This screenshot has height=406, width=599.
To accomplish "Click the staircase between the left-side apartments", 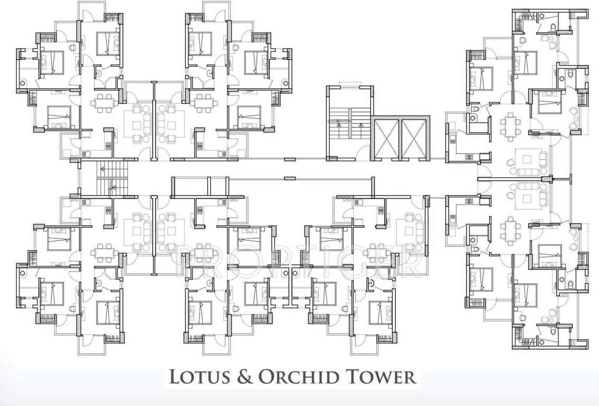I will pos(112,178).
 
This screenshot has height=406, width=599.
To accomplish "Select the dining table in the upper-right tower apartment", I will pos(510,125).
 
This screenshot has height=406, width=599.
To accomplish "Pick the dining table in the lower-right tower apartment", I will pos(510,230).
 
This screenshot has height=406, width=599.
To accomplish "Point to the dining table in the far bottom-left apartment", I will pos(104,253).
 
